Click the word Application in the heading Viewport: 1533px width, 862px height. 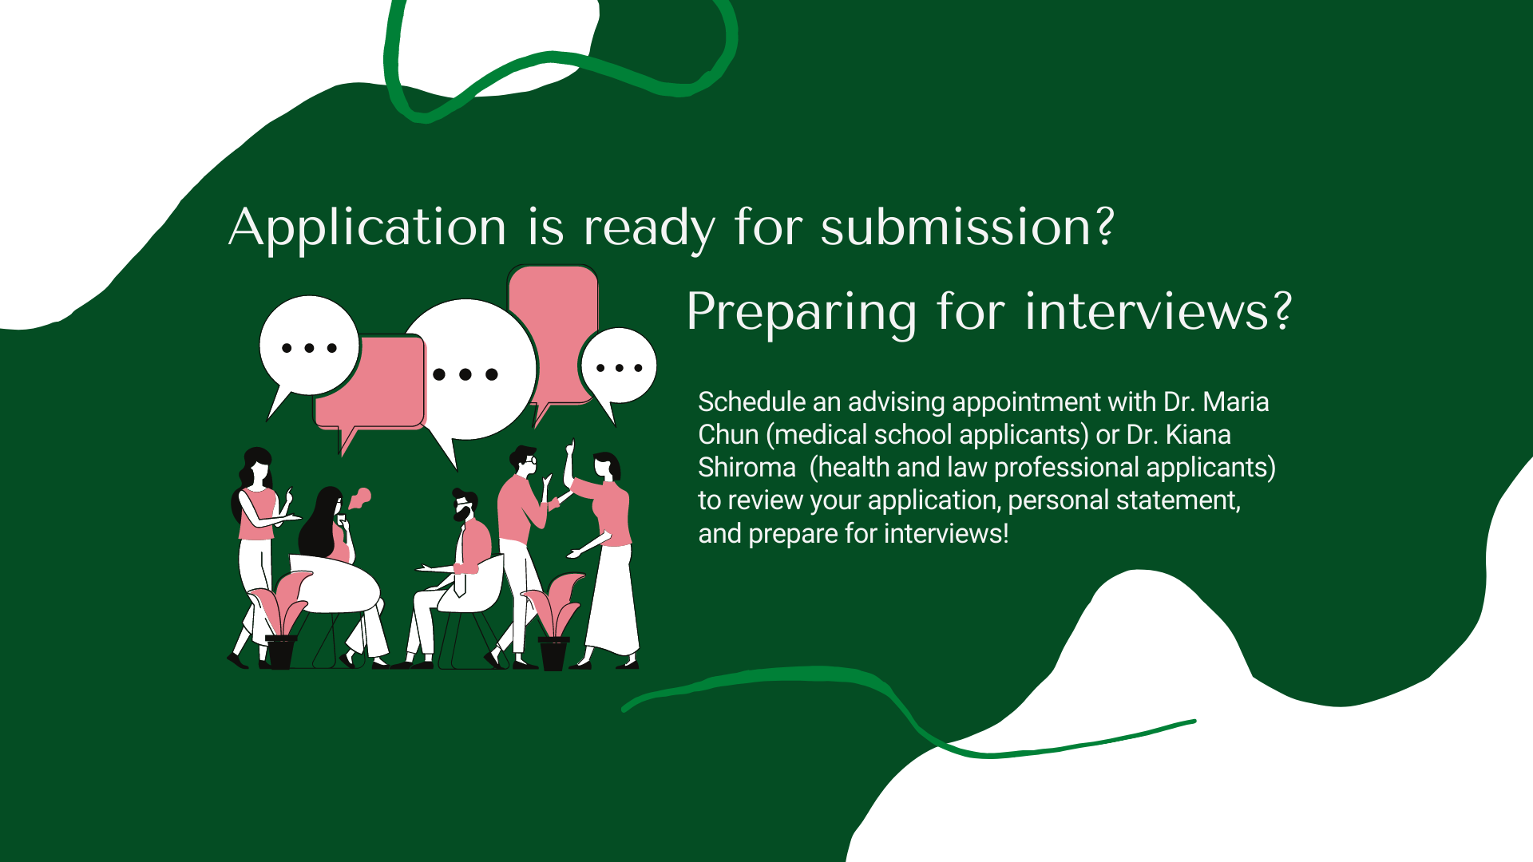coord(367,228)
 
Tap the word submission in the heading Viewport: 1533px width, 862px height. coord(957,227)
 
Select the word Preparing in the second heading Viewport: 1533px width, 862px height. coord(802,313)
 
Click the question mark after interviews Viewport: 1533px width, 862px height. coord(1282,310)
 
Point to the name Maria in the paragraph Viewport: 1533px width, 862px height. coord(1236,401)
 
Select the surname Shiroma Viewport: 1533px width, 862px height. coord(747,467)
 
